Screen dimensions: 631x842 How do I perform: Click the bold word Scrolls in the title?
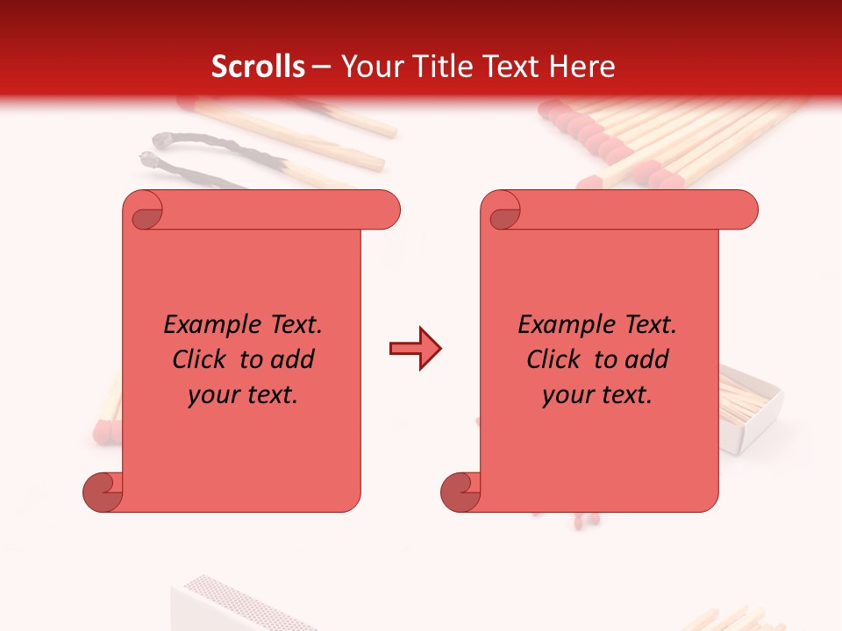tap(258, 67)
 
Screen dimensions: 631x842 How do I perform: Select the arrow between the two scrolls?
tap(415, 349)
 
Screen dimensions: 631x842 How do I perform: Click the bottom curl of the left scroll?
tap(103, 493)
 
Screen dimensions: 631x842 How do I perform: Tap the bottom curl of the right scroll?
tap(460, 493)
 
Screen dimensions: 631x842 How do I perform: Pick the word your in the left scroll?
tap(214, 395)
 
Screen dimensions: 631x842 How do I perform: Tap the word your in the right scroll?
tap(568, 395)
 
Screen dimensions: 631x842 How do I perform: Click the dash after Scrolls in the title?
tap(321, 67)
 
